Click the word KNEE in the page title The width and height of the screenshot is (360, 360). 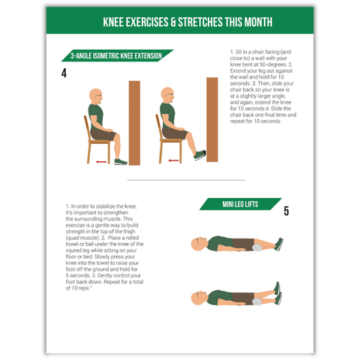(x=113, y=22)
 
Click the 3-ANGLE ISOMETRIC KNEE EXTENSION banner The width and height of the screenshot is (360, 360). (x=117, y=55)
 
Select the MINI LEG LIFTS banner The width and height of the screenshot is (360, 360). (x=240, y=204)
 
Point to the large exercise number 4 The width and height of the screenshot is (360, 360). (x=64, y=73)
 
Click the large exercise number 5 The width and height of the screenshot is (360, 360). (x=286, y=211)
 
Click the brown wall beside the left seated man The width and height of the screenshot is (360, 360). (x=134, y=123)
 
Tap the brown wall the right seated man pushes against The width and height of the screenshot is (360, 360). (x=212, y=119)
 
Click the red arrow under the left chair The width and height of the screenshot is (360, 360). (x=101, y=162)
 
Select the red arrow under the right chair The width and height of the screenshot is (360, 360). (x=173, y=160)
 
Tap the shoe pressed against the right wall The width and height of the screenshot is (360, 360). (x=200, y=155)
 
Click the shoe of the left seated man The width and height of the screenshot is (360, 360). (x=121, y=162)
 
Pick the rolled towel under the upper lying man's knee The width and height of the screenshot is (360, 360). (x=256, y=247)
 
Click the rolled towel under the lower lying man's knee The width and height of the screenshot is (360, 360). (x=256, y=301)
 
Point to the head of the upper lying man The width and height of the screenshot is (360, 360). (x=199, y=244)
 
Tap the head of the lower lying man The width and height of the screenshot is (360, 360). (x=199, y=298)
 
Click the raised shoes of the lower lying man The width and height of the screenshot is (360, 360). (x=277, y=293)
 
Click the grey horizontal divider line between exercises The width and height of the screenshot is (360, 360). (x=186, y=180)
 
